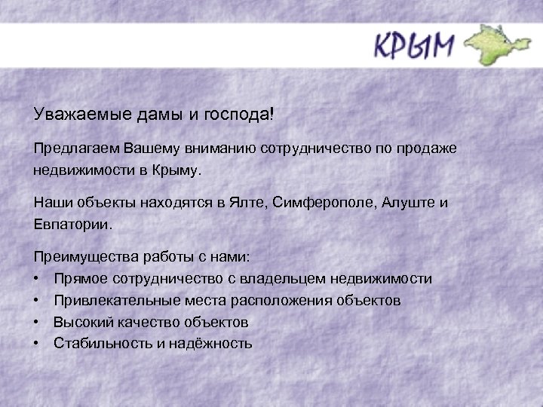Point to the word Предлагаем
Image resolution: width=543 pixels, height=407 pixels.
pyautogui.click(x=71, y=149)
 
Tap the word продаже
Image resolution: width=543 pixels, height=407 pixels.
pyautogui.click(x=427, y=149)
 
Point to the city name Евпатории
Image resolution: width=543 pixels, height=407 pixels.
pyautogui.click(x=72, y=225)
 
